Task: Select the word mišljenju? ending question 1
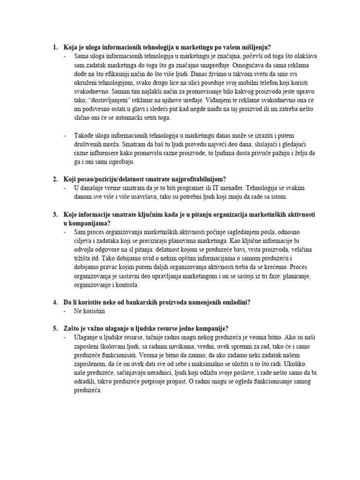[254, 47]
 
